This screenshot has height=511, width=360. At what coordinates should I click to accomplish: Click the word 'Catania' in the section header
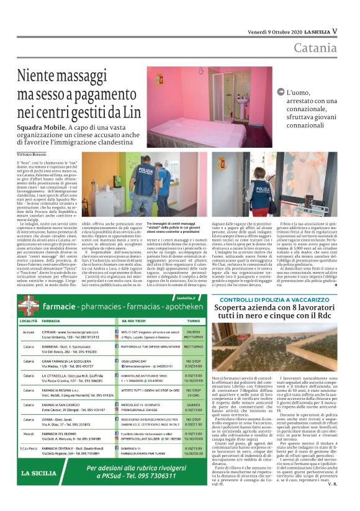pos(316,48)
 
